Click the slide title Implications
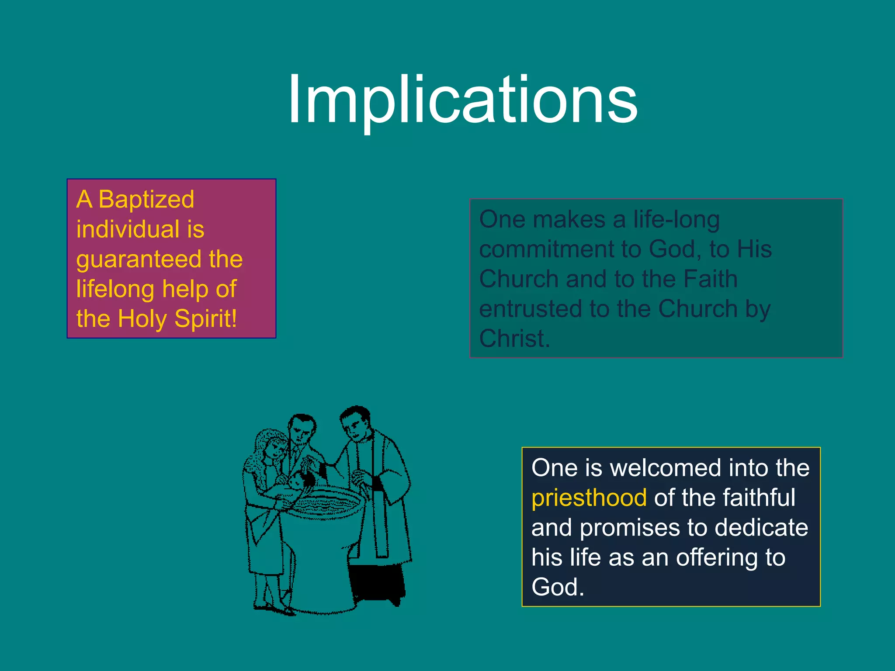[462, 100]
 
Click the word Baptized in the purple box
[146, 200]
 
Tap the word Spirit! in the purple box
[205, 318]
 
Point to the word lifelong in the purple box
[115, 289]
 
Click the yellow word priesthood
[589, 498]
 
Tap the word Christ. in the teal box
[514, 339]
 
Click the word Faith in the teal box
[710, 279]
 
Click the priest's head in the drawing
[355, 423]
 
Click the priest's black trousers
[377, 583]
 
